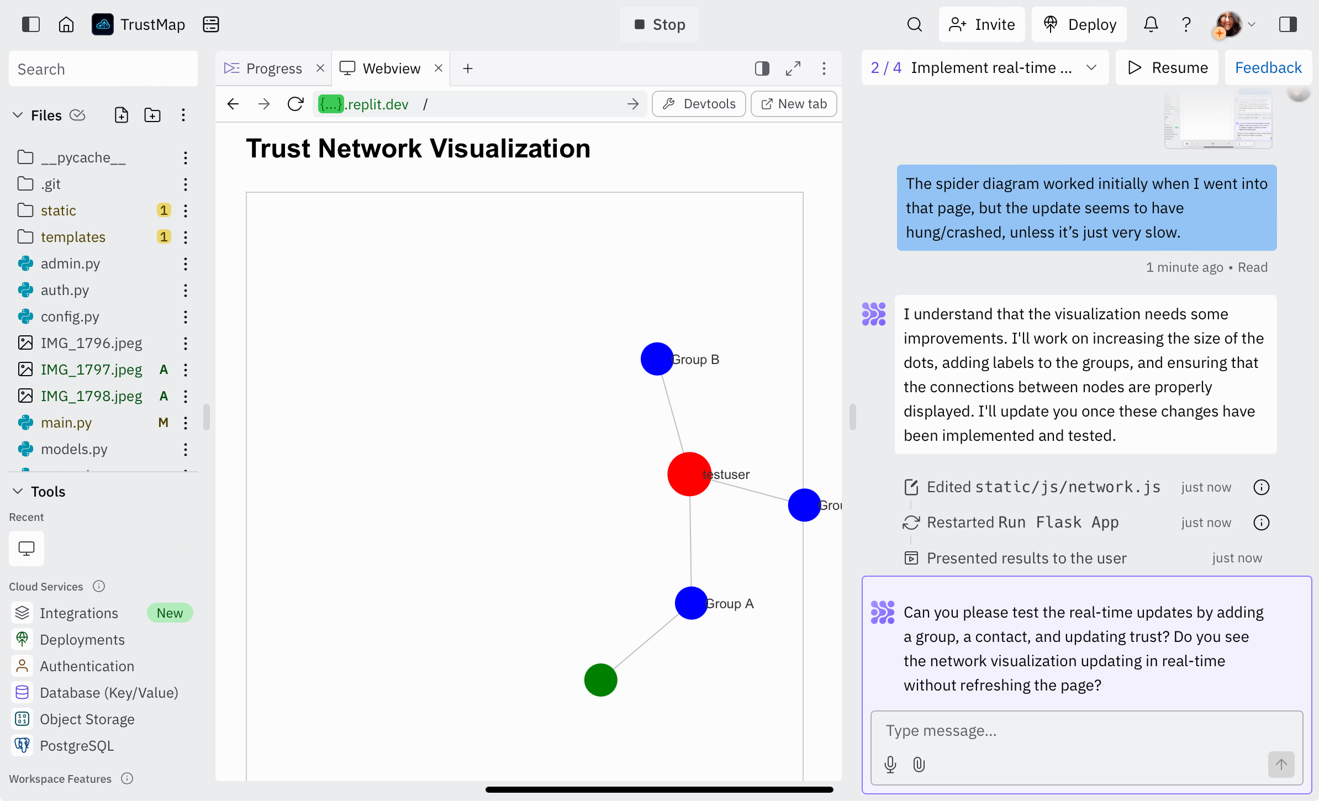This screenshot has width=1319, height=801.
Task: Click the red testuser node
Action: click(x=689, y=474)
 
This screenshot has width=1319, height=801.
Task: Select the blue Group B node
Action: click(x=657, y=359)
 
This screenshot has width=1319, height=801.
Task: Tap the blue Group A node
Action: click(x=691, y=603)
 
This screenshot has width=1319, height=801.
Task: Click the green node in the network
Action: click(x=600, y=680)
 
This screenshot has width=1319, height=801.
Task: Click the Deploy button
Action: click(x=1079, y=24)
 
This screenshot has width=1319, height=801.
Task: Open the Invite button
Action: click(x=982, y=24)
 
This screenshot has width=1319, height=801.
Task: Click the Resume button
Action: click(x=1167, y=67)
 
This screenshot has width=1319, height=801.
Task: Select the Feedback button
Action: click(x=1268, y=67)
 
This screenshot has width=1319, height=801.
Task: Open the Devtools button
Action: click(x=699, y=104)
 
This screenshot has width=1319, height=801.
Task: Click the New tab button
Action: click(x=794, y=104)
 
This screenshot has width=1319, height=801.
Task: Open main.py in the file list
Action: click(x=66, y=423)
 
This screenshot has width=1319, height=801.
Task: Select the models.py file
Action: click(x=74, y=449)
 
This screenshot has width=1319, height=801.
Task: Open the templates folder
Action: click(x=73, y=237)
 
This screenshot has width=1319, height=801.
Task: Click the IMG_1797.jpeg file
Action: click(x=91, y=370)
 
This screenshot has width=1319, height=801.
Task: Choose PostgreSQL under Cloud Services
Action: click(x=77, y=746)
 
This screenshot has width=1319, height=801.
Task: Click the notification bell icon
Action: click(x=1151, y=24)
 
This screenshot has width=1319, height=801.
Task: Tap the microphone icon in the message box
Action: click(x=890, y=765)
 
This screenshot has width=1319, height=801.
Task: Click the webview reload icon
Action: click(x=296, y=104)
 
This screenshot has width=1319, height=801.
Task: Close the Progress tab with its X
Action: click(x=320, y=68)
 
